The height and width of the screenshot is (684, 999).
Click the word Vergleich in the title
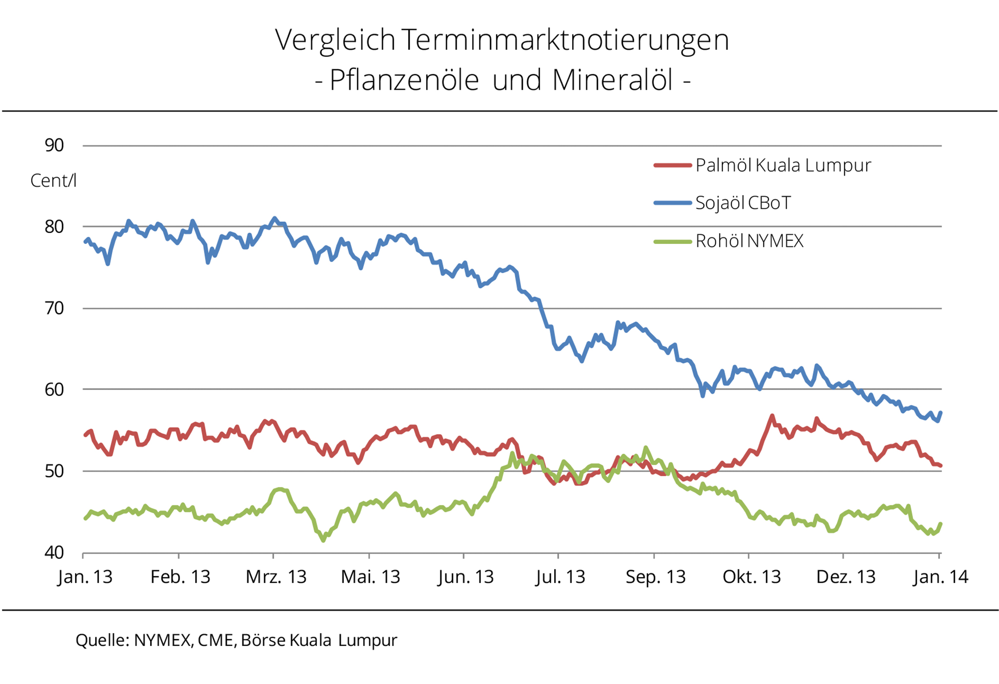pyautogui.click(x=336, y=40)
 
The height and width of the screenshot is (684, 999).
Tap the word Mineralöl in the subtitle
pyautogui.click(x=613, y=80)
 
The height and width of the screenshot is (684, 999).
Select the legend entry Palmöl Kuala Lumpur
pyautogui.click(x=783, y=166)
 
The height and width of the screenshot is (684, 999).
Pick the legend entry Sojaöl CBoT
pyautogui.click(x=743, y=203)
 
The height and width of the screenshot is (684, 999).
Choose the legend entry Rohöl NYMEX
pyautogui.click(x=749, y=241)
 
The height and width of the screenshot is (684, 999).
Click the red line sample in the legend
pyautogui.click(x=673, y=165)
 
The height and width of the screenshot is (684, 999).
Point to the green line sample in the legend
pyautogui.click(x=673, y=241)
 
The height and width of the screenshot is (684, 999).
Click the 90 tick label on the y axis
pyautogui.click(x=55, y=145)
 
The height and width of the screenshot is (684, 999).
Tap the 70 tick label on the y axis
pyautogui.click(x=55, y=308)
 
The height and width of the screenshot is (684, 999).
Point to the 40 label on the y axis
pyautogui.click(x=55, y=553)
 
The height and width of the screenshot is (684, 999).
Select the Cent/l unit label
pyautogui.click(x=53, y=181)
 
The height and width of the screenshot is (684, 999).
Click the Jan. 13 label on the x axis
pyautogui.click(x=85, y=577)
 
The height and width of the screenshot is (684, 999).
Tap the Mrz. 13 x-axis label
pyautogui.click(x=276, y=577)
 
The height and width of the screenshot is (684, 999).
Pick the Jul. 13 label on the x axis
pyautogui.click(x=560, y=577)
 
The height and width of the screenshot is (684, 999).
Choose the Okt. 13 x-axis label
pyautogui.click(x=752, y=577)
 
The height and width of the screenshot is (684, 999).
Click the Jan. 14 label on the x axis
pyautogui.click(x=941, y=577)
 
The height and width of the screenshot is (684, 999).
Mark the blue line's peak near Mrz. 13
pyautogui.click(x=275, y=218)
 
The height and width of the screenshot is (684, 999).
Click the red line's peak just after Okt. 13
pyautogui.click(x=772, y=416)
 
